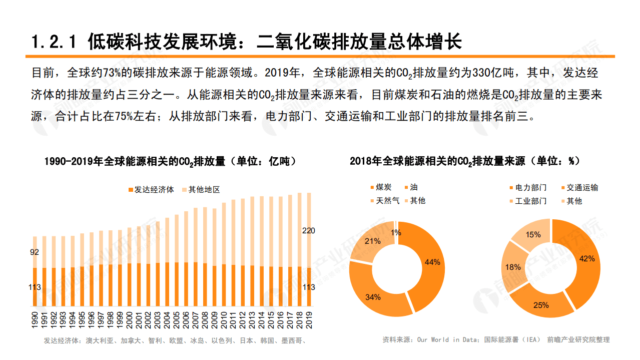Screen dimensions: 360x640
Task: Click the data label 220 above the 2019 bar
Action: (309, 231)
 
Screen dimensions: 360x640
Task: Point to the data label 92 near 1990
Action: (35, 252)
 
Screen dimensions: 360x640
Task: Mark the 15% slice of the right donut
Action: (532, 235)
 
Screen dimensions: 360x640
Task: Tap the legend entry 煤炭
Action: (383, 187)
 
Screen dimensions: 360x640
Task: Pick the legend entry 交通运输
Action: (582, 187)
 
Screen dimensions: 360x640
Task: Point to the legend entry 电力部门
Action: (531, 187)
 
